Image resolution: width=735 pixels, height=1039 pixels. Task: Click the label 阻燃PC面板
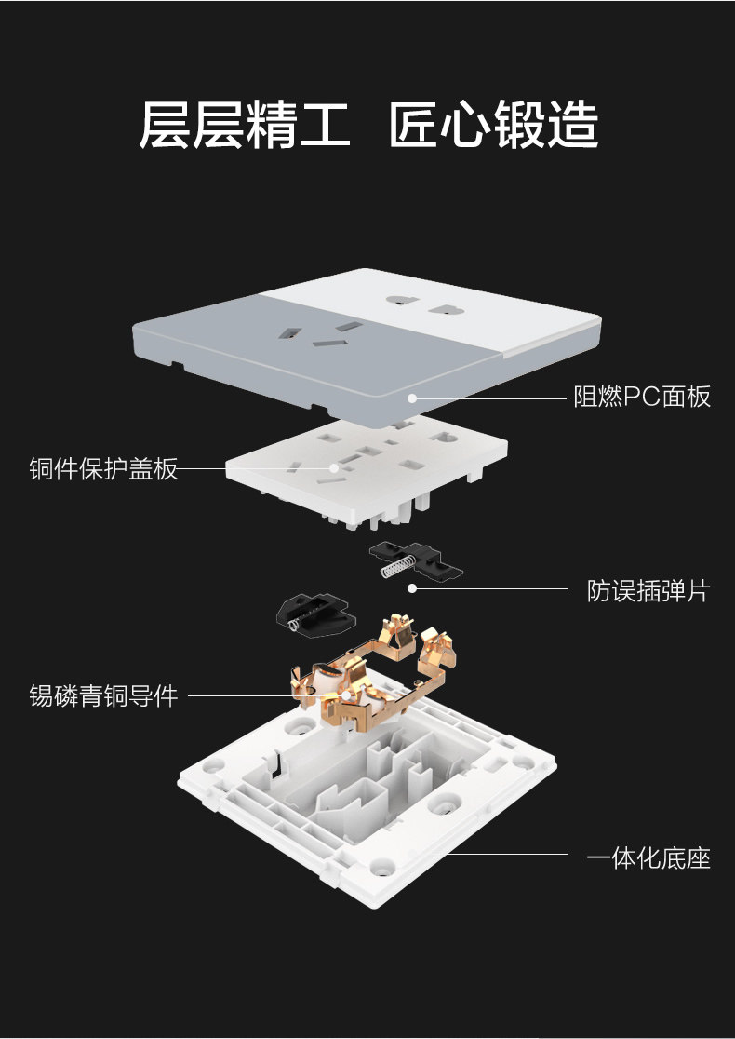click(642, 397)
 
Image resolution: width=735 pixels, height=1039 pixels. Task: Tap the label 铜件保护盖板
click(103, 468)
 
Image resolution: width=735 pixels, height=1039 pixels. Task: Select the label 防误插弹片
click(648, 591)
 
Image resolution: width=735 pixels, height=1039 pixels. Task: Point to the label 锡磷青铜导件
click(103, 695)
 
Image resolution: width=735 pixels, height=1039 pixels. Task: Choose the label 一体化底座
click(648, 858)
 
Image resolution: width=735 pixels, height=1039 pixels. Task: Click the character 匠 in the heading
click(413, 124)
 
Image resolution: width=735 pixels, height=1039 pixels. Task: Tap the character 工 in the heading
click(325, 124)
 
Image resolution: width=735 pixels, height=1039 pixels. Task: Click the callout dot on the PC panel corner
click(412, 398)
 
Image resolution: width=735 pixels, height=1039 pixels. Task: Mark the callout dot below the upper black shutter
click(412, 587)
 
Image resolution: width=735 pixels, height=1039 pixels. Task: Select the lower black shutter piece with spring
click(315, 615)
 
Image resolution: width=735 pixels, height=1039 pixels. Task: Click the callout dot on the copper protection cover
click(334, 467)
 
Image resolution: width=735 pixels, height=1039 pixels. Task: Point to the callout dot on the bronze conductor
click(346, 695)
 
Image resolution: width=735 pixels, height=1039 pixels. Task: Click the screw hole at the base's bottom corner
click(381, 866)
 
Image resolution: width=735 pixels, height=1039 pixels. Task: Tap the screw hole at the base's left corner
click(212, 766)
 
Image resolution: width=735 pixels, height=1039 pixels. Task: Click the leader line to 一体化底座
click(506, 854)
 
